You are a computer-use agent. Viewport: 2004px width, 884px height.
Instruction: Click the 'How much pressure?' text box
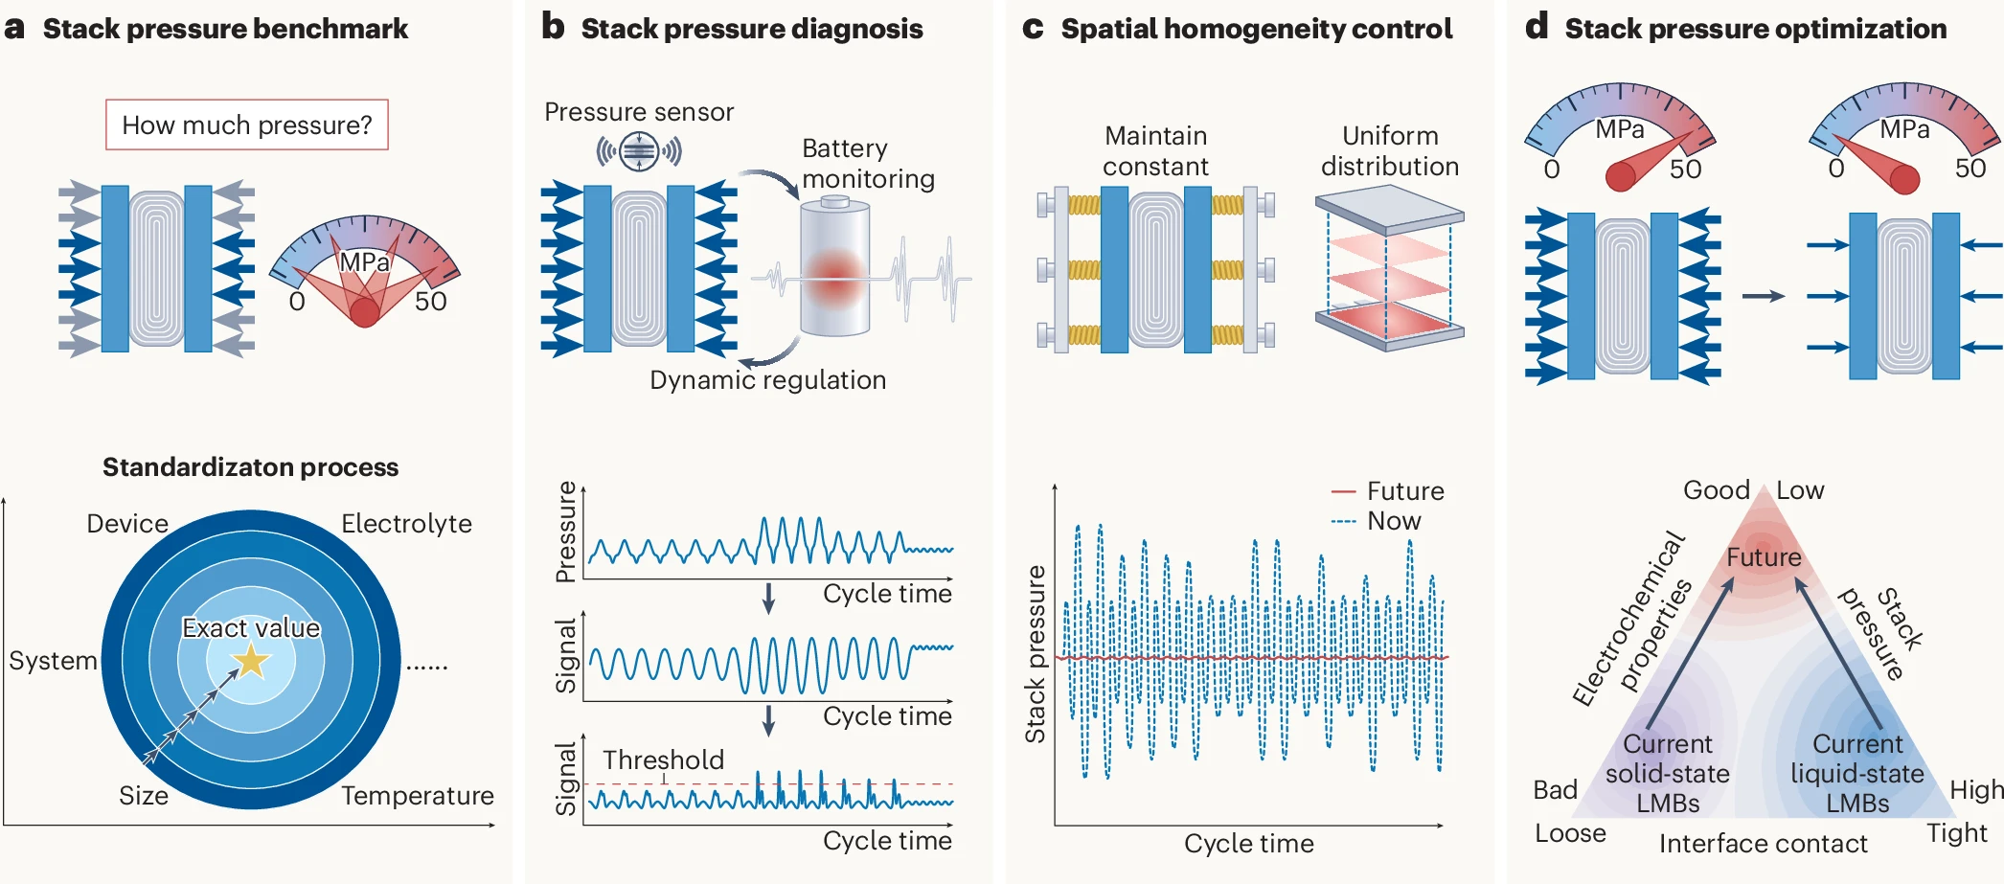pos(246,125)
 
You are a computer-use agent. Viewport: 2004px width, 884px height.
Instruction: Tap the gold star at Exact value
pos(251,660)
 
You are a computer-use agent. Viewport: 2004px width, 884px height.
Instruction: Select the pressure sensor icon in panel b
pos(638,151)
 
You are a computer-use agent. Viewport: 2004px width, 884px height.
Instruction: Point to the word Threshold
pos(663,759)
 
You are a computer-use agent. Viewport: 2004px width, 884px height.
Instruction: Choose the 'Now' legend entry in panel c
pos(1377,521)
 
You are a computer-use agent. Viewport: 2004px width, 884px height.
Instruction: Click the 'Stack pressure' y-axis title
pos(1035,654)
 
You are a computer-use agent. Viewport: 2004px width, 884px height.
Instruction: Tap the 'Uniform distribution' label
pos(1390,151)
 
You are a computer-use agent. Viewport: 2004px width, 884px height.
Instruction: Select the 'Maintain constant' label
pos(1155,151)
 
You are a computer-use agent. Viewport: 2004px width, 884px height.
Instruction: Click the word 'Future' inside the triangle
pos(1764,557)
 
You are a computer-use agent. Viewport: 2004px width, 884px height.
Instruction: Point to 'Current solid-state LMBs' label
pos(1668,773)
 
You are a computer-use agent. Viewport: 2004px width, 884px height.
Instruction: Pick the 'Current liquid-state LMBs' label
pos(1857,773)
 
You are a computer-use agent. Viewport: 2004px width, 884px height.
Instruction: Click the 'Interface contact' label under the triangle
pos(1763,844)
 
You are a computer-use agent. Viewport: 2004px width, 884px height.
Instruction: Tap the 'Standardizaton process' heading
pos(250,467)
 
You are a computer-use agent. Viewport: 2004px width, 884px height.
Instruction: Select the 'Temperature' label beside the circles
pos(418,796)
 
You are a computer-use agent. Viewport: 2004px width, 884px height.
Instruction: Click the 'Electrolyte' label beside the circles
pos(406,524)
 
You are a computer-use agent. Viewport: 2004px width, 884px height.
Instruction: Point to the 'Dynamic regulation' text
pos(767,380)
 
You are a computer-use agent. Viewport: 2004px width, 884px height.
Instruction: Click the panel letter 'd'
pos(1537,27)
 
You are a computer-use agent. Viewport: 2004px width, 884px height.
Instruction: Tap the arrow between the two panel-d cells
pos(1763,297)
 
